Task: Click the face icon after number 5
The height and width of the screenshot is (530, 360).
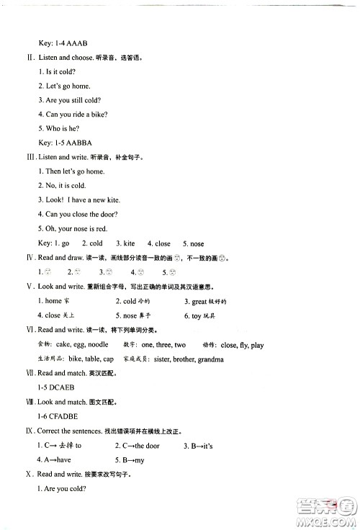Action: point(174,271)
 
